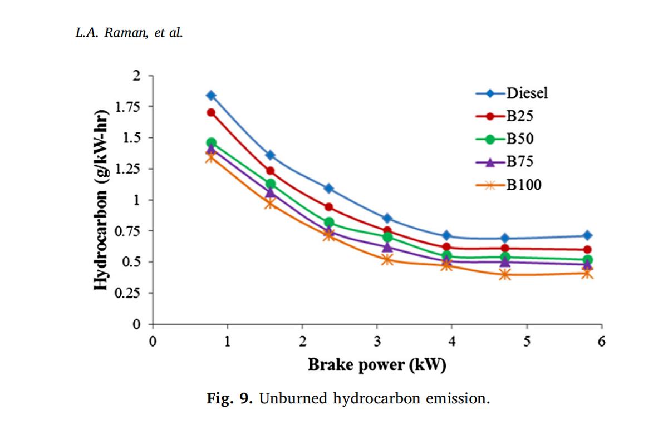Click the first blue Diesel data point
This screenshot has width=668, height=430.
211,96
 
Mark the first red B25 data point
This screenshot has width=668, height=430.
211,112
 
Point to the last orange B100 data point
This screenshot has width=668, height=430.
587,273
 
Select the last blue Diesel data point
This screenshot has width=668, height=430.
587,235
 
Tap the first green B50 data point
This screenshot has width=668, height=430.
211,143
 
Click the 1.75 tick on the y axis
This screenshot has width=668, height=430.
130,106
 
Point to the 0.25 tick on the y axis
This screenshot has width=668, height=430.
130,293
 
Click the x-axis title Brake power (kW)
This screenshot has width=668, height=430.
377,365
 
